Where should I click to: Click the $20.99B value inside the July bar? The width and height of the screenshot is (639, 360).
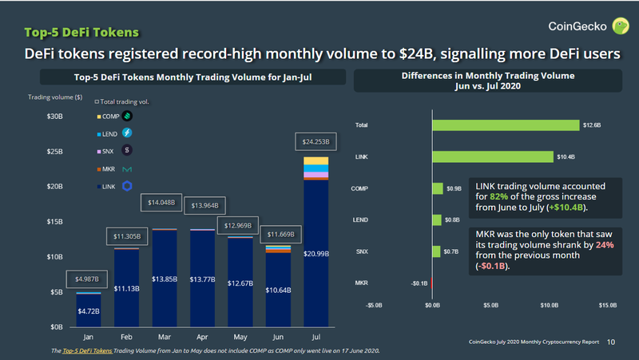tap(317, 253)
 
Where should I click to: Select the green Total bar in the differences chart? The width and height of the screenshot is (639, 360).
tap(506, 125)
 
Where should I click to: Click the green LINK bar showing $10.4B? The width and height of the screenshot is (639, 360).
tap(493, 156)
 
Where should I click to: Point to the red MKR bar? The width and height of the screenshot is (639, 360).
tap(431, 282)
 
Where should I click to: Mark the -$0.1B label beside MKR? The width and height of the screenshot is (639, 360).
tap(418, 282)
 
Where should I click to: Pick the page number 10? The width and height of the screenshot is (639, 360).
tap(611, 341)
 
